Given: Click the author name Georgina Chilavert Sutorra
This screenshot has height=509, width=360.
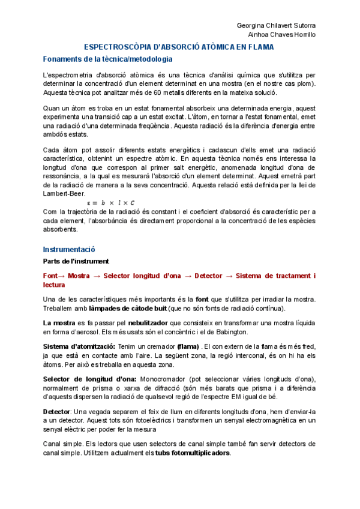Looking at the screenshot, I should coord(276,25).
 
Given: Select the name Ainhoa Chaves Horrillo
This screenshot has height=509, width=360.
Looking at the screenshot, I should coord(281,34).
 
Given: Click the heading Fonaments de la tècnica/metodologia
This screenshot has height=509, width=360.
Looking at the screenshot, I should coord(107,59).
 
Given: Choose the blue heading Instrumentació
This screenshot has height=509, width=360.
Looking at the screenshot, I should coord(69,249).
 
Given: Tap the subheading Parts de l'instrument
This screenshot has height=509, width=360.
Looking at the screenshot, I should coord(76,262).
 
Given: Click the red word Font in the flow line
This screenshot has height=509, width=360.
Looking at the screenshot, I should coord(51,276).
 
